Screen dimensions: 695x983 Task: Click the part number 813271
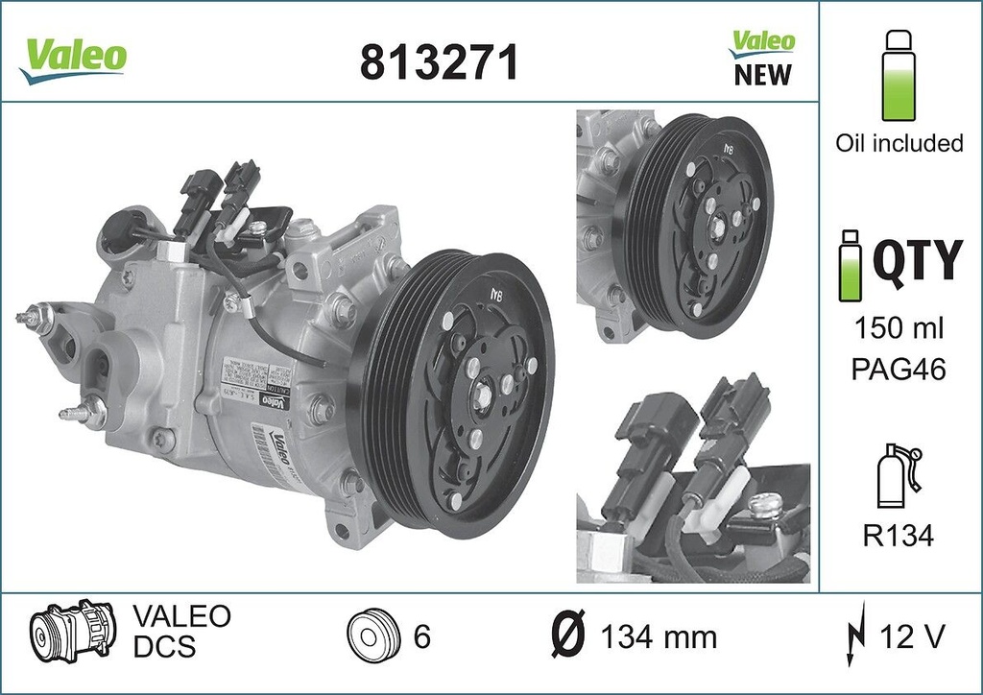pos(439,63)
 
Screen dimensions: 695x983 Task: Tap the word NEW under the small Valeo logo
pos(762,75)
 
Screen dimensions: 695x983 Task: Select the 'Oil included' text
pos(899,143)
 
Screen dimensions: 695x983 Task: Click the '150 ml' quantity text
pos(899,328)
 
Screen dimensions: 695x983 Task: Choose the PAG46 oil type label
pos(899,369)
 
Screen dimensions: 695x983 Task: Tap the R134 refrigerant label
pos(899,536)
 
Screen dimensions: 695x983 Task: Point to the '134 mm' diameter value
pos(658,635)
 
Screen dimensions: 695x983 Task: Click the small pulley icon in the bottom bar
pos(370,635)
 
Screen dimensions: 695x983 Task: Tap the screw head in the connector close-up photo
pos(766,503)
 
